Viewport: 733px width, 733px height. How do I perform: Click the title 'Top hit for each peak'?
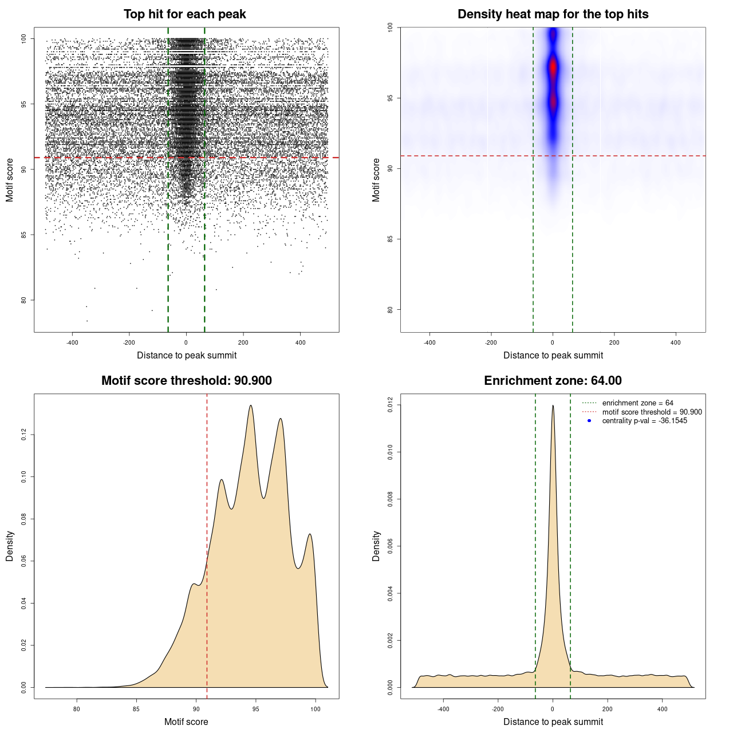coord(185,14)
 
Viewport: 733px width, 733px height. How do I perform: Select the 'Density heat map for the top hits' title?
coord(553,14)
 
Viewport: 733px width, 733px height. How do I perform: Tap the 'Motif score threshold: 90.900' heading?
coord(186,381)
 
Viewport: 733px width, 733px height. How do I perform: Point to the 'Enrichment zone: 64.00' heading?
coord(553,381)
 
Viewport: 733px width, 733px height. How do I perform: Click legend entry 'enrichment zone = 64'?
coord(637,403)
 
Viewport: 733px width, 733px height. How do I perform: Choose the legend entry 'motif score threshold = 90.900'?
coord(652,412)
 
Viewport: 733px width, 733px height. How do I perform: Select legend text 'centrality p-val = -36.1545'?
coord(644,421)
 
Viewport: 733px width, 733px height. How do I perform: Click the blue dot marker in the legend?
coord(589,421)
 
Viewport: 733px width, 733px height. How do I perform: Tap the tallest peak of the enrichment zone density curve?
coord(553,405)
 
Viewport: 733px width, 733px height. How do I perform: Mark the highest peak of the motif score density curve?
coord(251,405)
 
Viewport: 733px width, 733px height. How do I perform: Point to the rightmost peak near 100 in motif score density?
coord(310,534)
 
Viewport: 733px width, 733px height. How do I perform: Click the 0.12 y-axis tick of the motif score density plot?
coord(23,435)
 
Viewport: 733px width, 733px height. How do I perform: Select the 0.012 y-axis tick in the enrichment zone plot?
coord(390,405)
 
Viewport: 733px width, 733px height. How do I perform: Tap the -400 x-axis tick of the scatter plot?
coord(72,342)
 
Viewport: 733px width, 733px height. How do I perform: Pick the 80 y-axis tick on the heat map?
coord(390,310)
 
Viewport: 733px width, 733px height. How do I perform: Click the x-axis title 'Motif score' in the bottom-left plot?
coord(186,722)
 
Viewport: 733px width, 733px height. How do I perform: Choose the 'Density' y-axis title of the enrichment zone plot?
coord(376,546)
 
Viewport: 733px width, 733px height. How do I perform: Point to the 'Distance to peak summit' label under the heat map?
coord(553,355)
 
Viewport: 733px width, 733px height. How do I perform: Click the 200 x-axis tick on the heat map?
coord(614,342)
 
